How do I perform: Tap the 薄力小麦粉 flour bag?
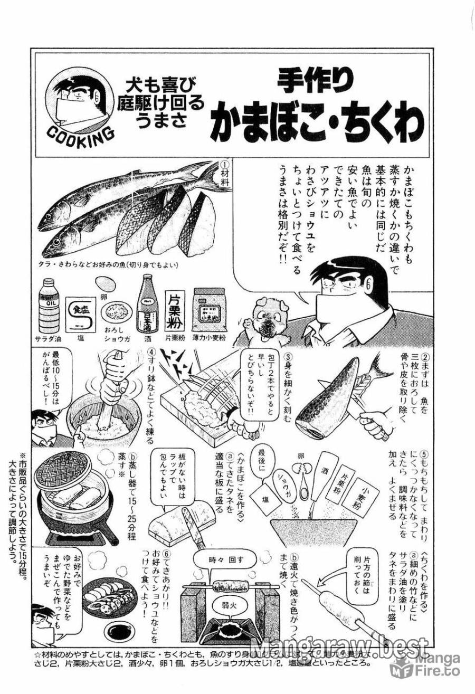point(208,309)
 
